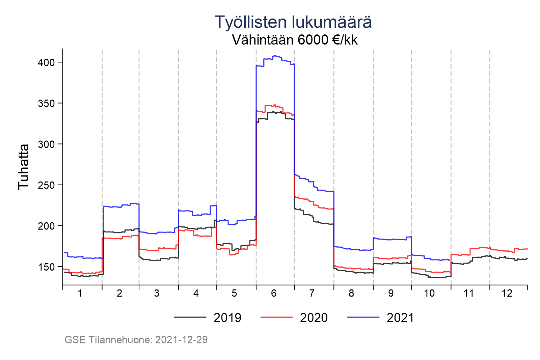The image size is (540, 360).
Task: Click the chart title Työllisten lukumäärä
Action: click(293, 22)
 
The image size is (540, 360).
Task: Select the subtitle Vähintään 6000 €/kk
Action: click(295, 40)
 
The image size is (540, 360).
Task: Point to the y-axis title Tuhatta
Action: click(24, 167)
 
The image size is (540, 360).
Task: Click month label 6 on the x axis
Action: click(274, 294)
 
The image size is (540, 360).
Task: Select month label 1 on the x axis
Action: click(80, 294)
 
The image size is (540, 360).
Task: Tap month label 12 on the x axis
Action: click(507, 294)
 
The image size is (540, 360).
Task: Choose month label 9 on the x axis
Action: click(391, 294)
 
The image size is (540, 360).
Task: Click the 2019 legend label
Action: click(227, 318)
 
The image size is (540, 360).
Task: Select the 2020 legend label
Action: click(314, 318)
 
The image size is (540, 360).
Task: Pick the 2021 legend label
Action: click(400, 318)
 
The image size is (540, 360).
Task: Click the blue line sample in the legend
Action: click(363, 317)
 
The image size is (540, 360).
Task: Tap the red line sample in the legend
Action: click(277, 317)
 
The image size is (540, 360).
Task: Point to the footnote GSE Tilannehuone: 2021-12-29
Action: click(136, 340)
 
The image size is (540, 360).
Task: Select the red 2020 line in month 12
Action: click(503, 251)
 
